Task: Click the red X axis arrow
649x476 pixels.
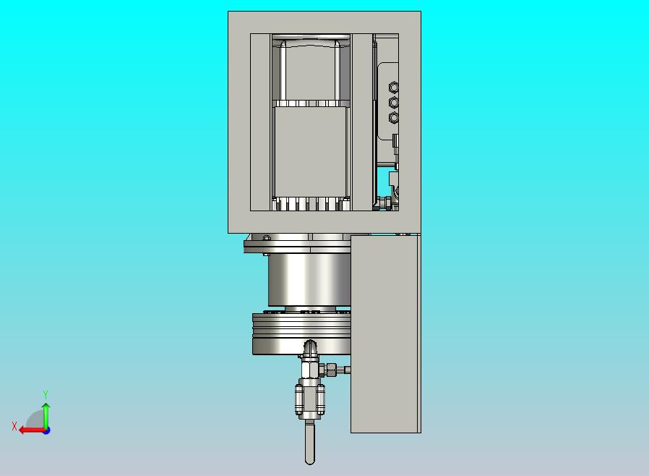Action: pyautogui.click(x=33, y=430)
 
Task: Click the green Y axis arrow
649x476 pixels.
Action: pyautogui.click(x=46, y=417)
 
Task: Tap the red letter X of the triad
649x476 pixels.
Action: pyautogui.click(x=14, y=426)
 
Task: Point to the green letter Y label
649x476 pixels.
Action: pyautogui.click(x=46, y=394)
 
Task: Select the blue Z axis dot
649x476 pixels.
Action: pyautogui.click(x=47, y=431)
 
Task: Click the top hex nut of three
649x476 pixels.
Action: pyautogui.click(x=394, y=88)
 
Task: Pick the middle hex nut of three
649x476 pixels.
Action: pyautogui.click(x=394, y=102)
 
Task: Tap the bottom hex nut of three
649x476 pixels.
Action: pyautogui.click(x=394, y=118)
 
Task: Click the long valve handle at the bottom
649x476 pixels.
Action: pyautogui.click(x=309, y=442)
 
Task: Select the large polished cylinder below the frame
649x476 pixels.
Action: pyautogui.click(x=309, y=280)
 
